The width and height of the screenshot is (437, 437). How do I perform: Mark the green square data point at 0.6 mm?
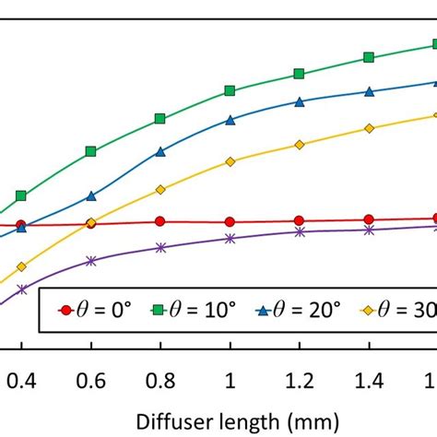tap(90, 151)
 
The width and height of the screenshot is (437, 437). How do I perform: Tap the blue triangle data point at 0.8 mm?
tap(160, 151)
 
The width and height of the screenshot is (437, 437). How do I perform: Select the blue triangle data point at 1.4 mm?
tap(369, 92)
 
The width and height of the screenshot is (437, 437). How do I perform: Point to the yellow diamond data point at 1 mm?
tap(230, 161)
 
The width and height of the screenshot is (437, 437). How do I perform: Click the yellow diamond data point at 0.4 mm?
tap(21, 266)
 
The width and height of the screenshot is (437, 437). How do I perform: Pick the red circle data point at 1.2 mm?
tap(299, 220)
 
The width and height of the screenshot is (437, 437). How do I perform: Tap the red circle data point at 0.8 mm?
tap(160, 221)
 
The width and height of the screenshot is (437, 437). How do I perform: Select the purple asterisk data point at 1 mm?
tap(230, 239)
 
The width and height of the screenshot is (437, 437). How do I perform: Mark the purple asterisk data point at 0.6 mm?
tap(90, 261)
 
